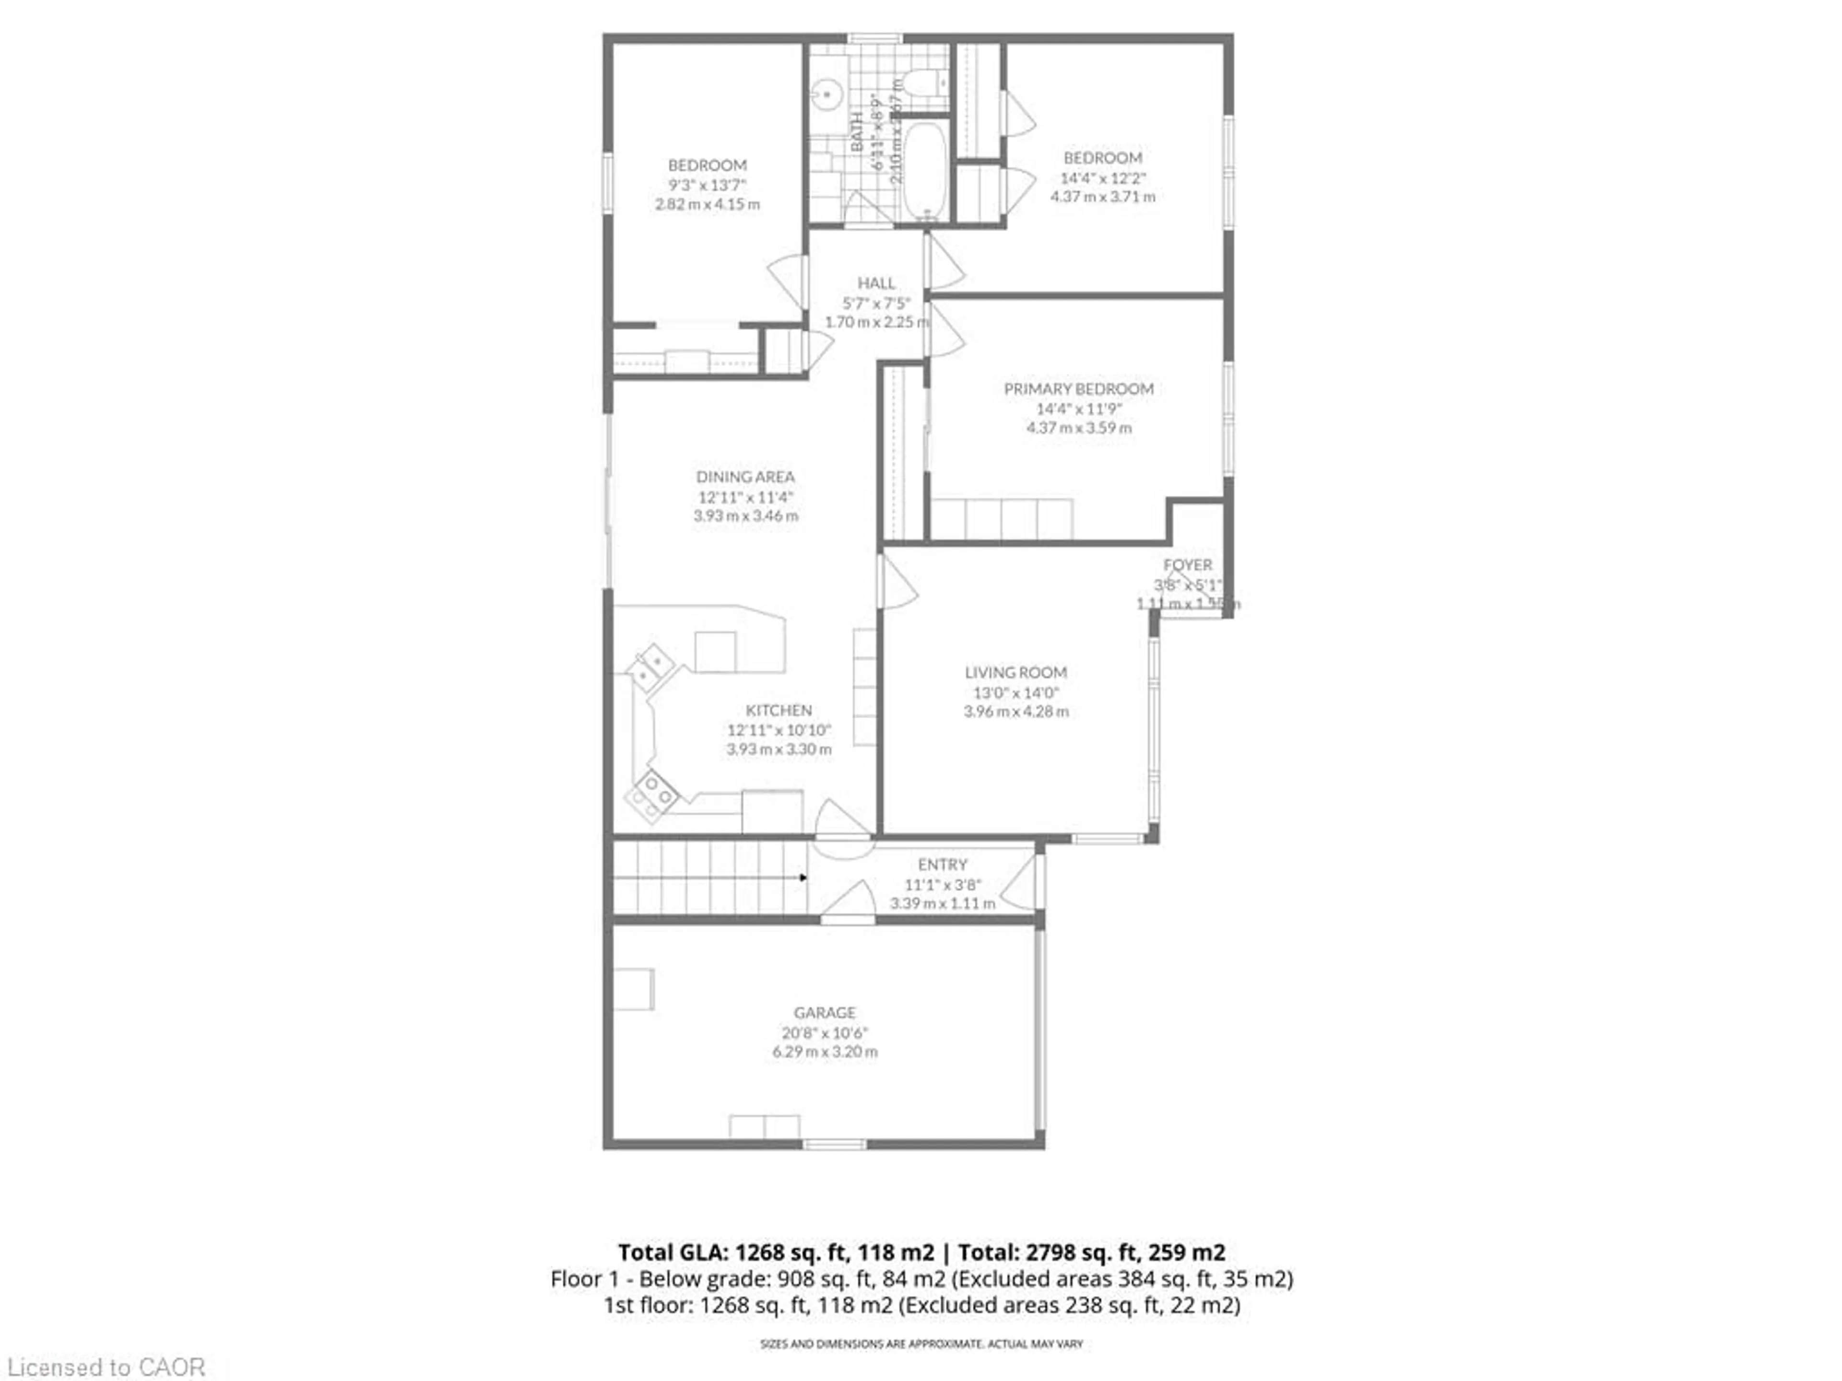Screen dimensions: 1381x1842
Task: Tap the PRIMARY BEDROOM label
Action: click(1078, 389)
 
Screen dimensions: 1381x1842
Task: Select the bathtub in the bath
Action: click(924, 171)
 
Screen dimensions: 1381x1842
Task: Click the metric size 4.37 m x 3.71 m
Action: click(1102, 197)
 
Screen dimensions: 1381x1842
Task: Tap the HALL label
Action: click(876, 283)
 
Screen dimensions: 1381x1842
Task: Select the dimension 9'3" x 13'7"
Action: click(707, 185)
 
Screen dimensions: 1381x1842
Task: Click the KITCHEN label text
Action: click(779, 710)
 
